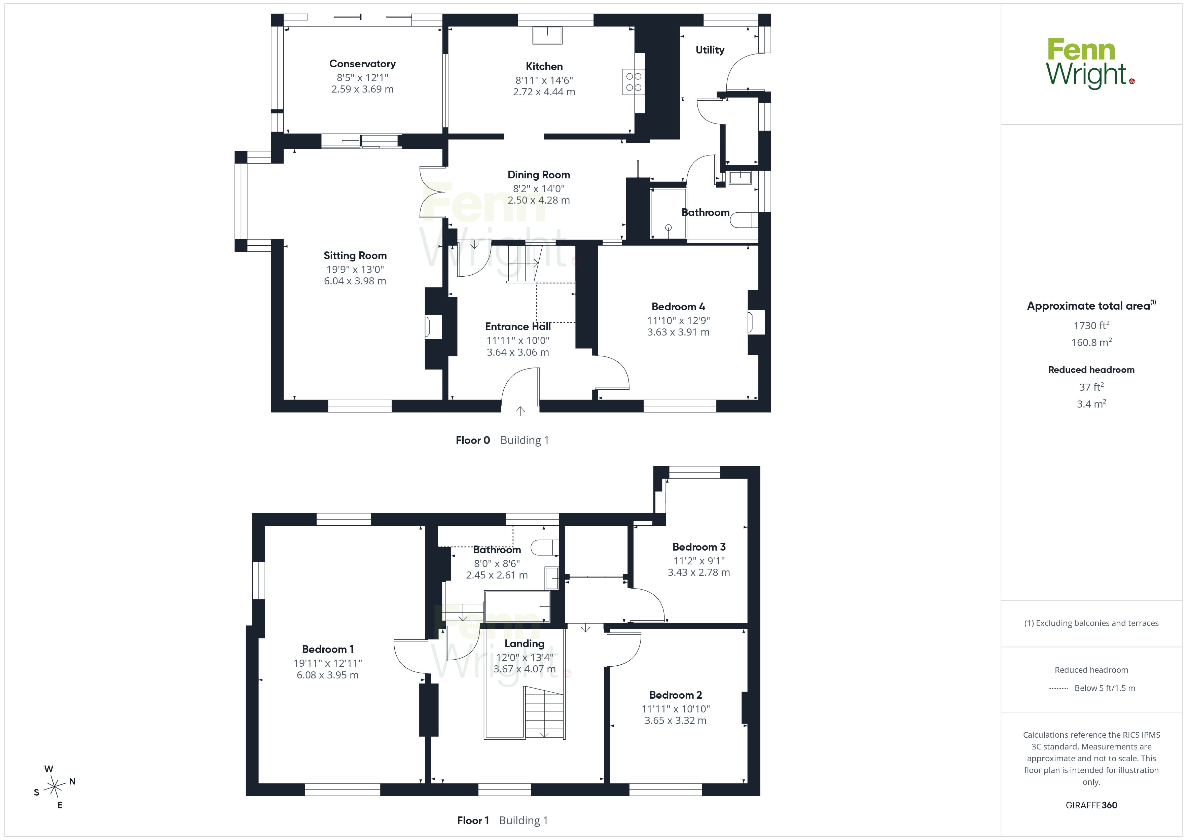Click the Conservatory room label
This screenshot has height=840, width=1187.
point(362,64)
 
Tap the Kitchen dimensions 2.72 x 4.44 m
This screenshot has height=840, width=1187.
point(544,92)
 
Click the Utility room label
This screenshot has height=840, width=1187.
point(710,50)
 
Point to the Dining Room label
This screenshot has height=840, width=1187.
point(539,175)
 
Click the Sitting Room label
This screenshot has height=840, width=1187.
point(355,255)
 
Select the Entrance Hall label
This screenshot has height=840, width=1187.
point(518,326)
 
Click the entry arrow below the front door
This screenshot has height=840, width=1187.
point(520,411)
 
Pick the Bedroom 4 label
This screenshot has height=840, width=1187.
point(678,307)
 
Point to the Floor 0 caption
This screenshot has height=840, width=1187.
point(472,440)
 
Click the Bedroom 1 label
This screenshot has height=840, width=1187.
point(328,649)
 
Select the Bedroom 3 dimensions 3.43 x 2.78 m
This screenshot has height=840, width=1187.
point(699,572)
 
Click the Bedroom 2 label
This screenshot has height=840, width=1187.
point(676,695)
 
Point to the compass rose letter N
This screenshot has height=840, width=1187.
point(72,781)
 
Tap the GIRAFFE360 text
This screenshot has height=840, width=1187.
point(1091,805)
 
